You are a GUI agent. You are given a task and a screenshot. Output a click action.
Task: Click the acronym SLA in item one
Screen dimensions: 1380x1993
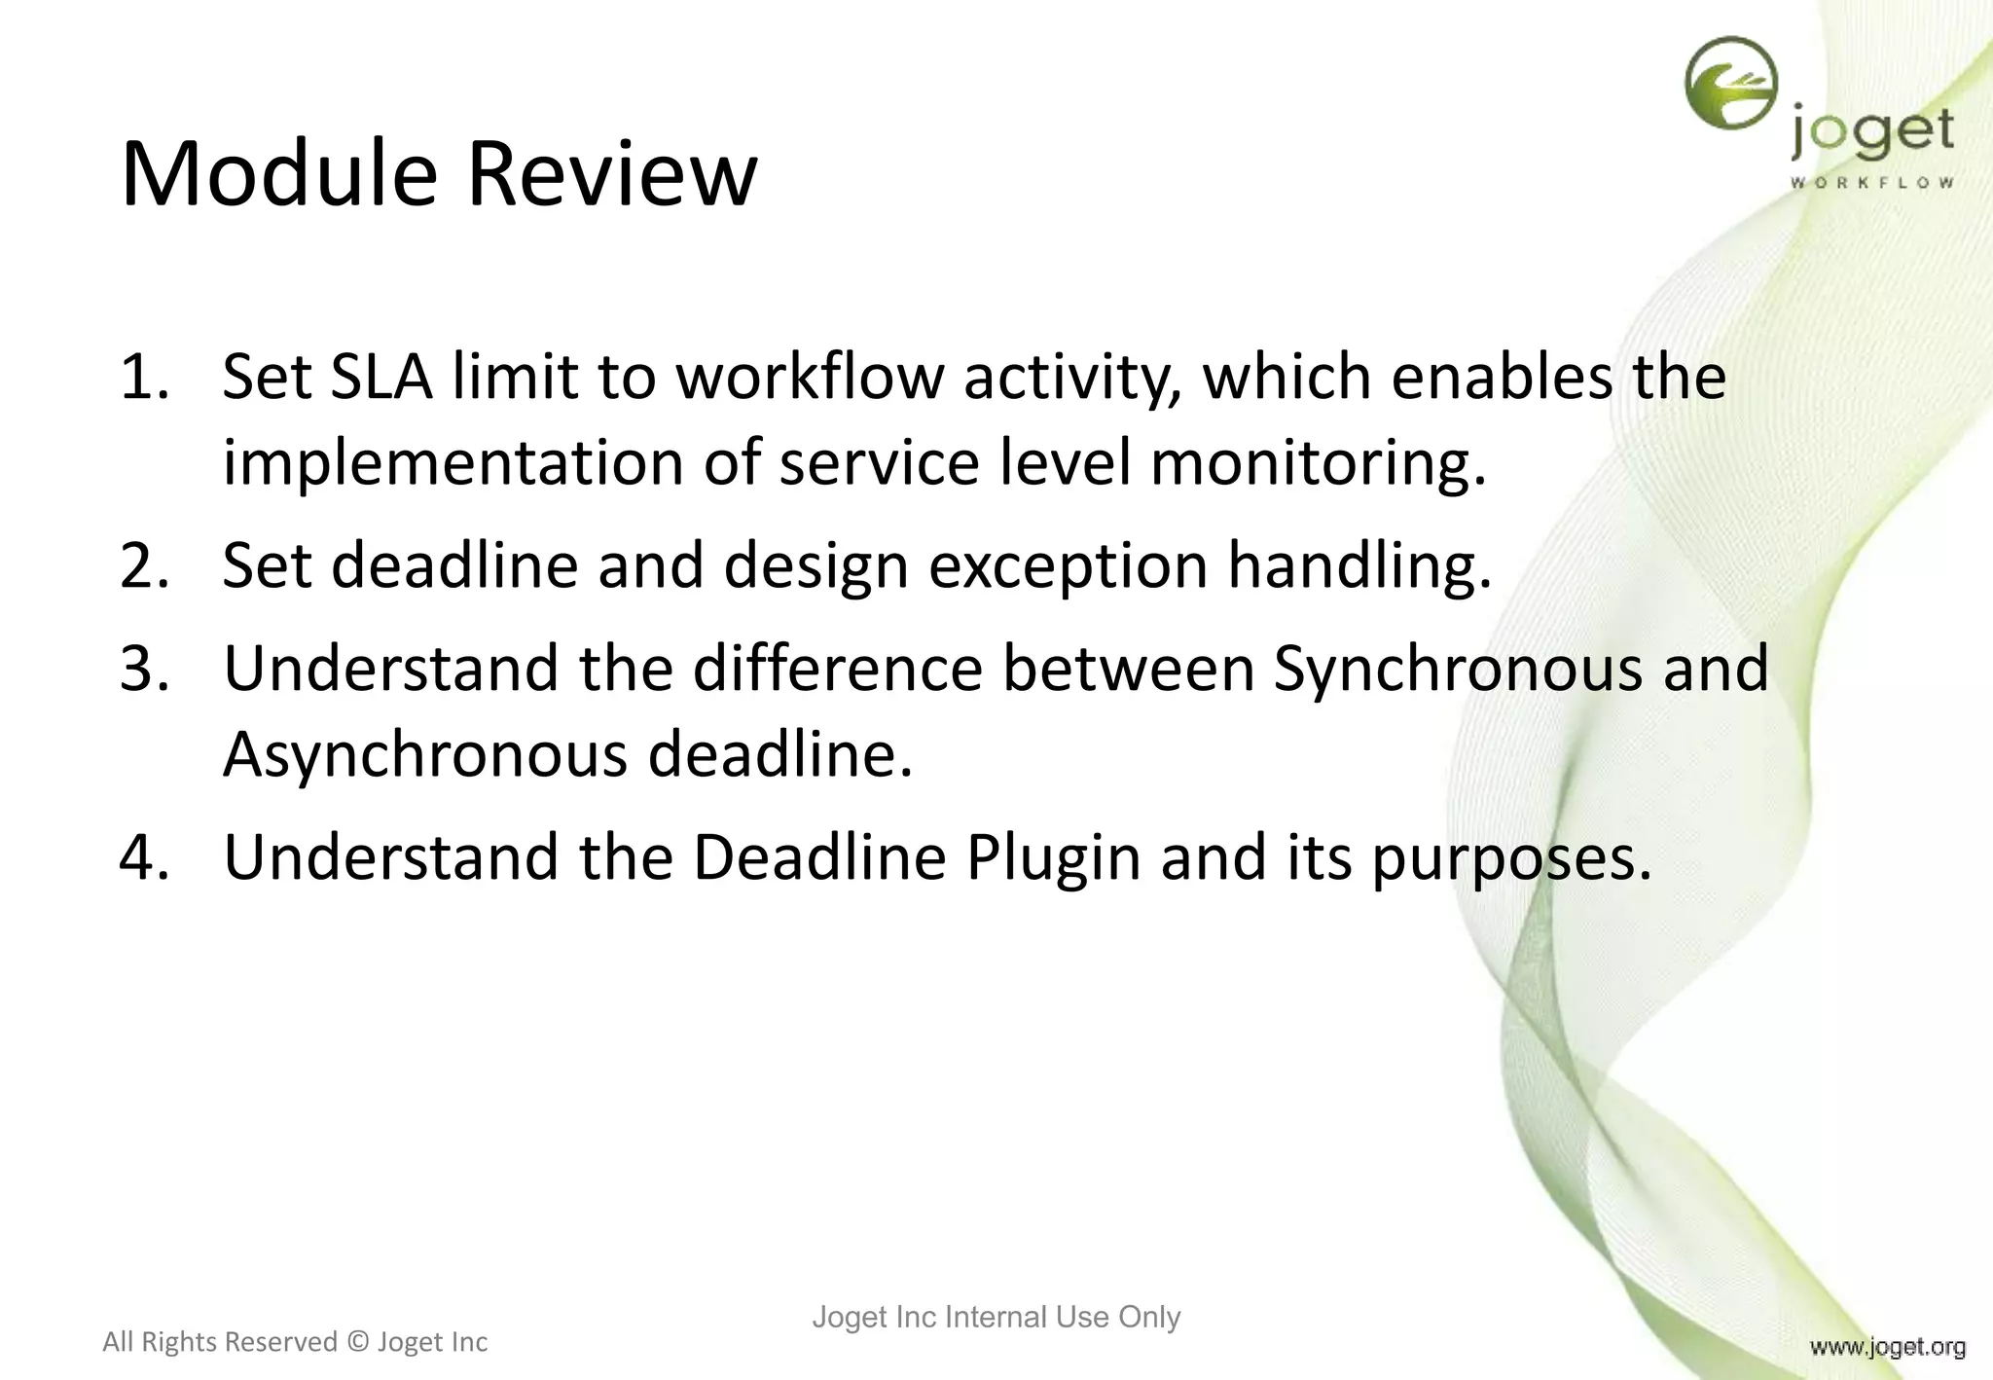pos(380,377)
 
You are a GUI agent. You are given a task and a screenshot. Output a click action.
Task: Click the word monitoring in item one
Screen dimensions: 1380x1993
pos(1319,462)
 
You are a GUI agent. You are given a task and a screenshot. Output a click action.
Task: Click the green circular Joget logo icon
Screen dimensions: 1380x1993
pos(1730,84)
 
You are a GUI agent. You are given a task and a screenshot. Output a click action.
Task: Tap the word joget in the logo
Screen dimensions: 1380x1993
pos(1870,134)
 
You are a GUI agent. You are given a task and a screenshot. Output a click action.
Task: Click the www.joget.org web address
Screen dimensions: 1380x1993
pos(1887,1347)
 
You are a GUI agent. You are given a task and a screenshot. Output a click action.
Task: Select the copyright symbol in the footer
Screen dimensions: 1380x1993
pos(357,1343)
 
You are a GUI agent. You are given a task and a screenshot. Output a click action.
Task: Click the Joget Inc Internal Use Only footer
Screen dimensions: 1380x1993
pos(996,1317)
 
